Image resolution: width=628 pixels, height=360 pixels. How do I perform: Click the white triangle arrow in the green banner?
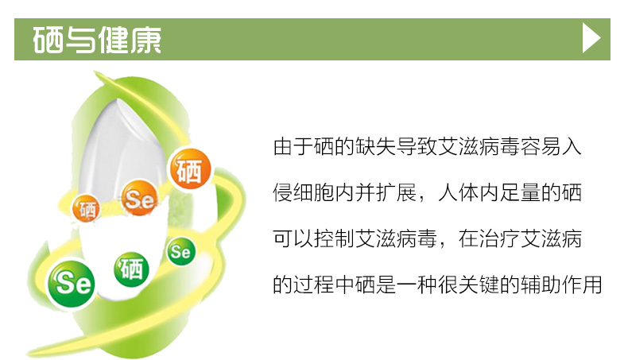coord(591,38)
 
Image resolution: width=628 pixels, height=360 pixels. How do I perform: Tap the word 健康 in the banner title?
coord(130,40)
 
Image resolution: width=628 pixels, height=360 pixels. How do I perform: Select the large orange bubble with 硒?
coord(190,169)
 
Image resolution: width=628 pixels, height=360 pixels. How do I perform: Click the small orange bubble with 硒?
coord(86,208)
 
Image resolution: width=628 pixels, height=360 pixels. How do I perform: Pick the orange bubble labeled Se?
coord(139,198)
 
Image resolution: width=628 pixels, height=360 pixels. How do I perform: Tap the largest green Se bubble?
coord(72,283)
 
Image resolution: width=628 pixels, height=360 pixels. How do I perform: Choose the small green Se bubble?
coord(180,251)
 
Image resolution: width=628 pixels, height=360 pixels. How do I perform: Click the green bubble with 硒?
coord(131,269)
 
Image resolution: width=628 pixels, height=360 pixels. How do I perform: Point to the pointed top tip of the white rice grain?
coord(118,99)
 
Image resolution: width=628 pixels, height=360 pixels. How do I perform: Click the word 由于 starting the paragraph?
coord(293,146)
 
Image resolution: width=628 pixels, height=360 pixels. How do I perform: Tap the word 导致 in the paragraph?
coord(417,146)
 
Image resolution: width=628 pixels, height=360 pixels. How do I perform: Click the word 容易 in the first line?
coord(541,146)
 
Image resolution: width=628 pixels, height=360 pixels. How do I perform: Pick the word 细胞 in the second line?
coord(314,192)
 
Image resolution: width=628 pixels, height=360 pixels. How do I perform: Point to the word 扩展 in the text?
coord(397,192)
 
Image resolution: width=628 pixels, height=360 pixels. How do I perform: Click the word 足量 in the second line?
coord(520,192)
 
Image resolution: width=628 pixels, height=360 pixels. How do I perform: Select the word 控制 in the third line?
coord(335,238)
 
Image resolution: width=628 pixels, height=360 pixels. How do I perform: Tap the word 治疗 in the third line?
coord(499,238)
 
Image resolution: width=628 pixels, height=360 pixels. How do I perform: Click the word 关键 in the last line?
coord(479,285)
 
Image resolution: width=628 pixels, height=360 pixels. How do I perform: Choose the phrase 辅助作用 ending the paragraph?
coord(561,285)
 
